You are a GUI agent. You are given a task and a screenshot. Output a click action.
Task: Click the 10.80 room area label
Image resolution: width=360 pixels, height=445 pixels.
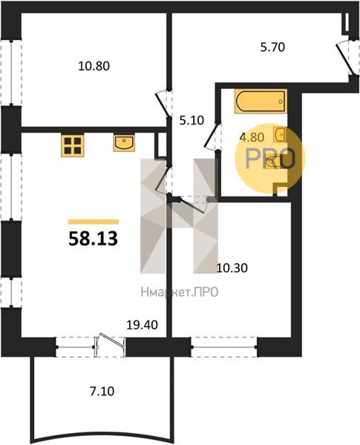point(94,67)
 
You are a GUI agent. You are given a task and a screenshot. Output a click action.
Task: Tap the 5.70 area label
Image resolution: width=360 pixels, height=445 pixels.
point(272,47)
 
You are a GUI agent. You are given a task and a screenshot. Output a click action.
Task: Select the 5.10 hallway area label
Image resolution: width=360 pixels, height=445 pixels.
point(192,121)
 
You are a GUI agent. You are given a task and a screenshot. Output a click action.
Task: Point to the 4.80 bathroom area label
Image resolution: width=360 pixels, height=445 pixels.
point(252,137)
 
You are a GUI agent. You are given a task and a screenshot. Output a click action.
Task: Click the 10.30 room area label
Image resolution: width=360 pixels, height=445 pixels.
point(232,268)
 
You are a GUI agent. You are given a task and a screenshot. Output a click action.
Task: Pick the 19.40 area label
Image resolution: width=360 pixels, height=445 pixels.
point(142,325)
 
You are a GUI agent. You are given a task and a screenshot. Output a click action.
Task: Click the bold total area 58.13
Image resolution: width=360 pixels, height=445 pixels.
point(94,239)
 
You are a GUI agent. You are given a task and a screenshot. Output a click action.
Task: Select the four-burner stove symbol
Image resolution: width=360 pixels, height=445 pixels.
point(73,145)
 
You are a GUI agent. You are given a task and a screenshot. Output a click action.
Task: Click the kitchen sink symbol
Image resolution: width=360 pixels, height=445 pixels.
point(124,143)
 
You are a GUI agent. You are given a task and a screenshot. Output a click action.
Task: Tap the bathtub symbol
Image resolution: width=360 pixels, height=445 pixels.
point(261,102)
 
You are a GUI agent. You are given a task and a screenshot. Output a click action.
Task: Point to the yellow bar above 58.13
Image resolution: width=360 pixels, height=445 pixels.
point(94,222)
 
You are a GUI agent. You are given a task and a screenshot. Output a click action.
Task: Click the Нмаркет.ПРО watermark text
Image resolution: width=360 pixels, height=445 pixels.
point(180,292)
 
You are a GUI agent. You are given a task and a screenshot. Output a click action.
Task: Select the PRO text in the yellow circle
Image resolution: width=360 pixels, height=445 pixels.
point(269,159)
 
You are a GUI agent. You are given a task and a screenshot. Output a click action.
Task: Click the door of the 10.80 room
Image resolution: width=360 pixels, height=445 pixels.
point(163,105)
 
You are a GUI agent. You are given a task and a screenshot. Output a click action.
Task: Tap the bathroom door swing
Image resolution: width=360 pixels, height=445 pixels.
point(212,136)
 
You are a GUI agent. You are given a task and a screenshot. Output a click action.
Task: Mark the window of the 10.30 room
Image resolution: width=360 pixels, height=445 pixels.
point(224,347)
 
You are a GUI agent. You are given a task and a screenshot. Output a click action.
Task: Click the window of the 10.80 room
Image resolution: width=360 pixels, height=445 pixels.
point(11,73)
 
